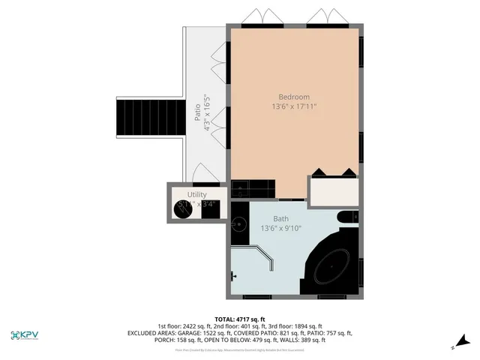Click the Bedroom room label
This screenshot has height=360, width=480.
pyautogui.click(x=294, y=97)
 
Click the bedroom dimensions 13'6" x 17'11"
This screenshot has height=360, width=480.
pyautogui.click(x=294, y=107)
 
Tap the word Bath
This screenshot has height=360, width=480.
pyautogui.click(x=280, y=199)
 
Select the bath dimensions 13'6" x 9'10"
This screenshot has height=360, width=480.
pyautogui.click(x=280, y=227)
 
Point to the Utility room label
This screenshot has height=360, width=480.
pyautogui.click(x=196, y=194)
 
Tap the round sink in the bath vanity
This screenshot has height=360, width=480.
pyautogui.click(x=239, y=223)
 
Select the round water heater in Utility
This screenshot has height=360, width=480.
pyautogui.click(x=184, y=210)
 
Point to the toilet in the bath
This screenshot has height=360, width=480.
pyautogui.click(x=346, y=218)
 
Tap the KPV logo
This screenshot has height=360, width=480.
pyautogui.click(x=26, y=335)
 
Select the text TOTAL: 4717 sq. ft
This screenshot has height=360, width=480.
pyautogui.click(x=240, y=319)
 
